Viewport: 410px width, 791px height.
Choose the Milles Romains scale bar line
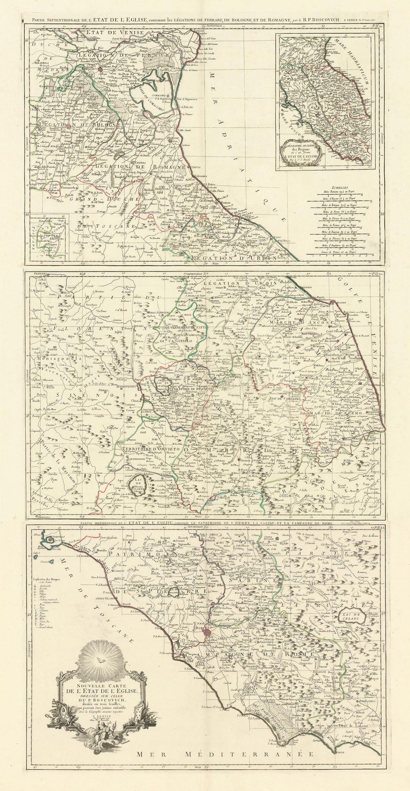point(340,194)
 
